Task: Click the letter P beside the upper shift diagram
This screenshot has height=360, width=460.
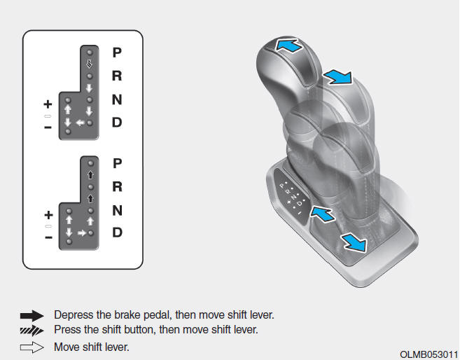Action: (117, 53)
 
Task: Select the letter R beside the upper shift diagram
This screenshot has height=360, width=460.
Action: (117, 76)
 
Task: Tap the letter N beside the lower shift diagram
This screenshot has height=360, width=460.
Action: (118, 210)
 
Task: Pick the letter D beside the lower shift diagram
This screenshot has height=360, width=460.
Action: (118, 233)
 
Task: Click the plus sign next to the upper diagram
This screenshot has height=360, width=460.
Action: (48, 104)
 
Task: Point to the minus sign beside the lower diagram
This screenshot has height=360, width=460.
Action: (49, 237)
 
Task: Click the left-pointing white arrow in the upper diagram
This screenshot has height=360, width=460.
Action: (80, 123)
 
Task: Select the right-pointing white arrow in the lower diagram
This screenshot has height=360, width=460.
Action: (82, 233)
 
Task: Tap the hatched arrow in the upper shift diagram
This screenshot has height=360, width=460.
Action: (90, 64)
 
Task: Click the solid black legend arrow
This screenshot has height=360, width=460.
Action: (32, 316)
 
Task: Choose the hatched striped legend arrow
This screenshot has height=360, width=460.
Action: (32, 331)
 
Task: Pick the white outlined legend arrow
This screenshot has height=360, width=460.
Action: (32, 347)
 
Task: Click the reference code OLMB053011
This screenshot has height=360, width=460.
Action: (428, 354)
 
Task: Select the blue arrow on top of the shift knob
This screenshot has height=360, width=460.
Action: (288, 46)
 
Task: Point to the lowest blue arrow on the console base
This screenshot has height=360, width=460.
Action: (354, 242)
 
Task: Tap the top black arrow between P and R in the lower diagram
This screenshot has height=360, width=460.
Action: (90, 175)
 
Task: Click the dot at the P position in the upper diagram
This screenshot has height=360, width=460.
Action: (90, 53)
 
